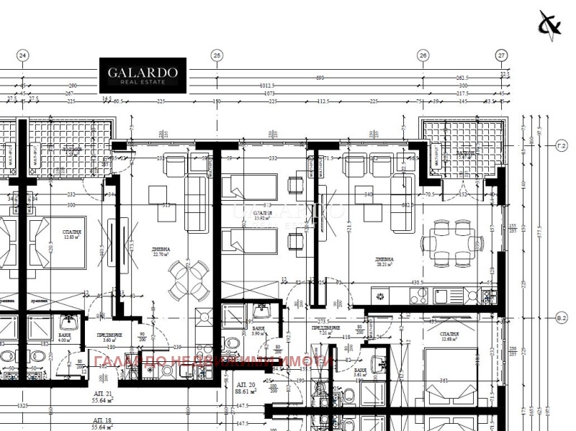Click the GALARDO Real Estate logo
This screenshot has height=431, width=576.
coord(143,76)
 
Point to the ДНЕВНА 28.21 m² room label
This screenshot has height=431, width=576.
coord(384,262)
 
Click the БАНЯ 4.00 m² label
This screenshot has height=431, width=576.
coord(65,338)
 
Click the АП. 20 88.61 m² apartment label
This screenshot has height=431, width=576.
coord(246,388)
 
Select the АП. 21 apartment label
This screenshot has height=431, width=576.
coord(104,398)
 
